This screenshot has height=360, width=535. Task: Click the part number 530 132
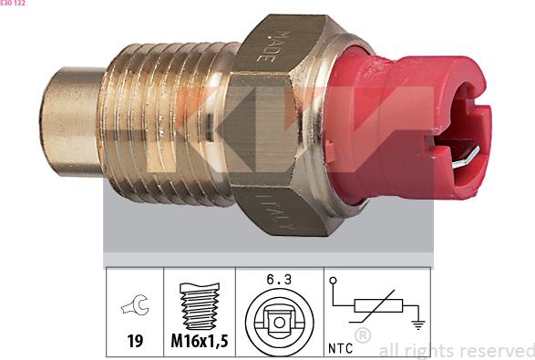tap(13, 4)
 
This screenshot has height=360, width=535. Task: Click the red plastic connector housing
tap(410, 128)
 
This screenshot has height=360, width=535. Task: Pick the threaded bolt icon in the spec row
tap(199, 307)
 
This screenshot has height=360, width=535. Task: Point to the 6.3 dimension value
tap(279, 280)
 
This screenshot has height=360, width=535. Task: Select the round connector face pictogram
tap(279, 320)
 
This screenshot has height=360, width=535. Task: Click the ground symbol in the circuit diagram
tap(417, 322)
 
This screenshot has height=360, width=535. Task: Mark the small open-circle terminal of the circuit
tap(334, 280)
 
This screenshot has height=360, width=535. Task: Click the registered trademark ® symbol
tap(363, 334)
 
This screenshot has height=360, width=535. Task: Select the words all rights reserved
tap(456, 350)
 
